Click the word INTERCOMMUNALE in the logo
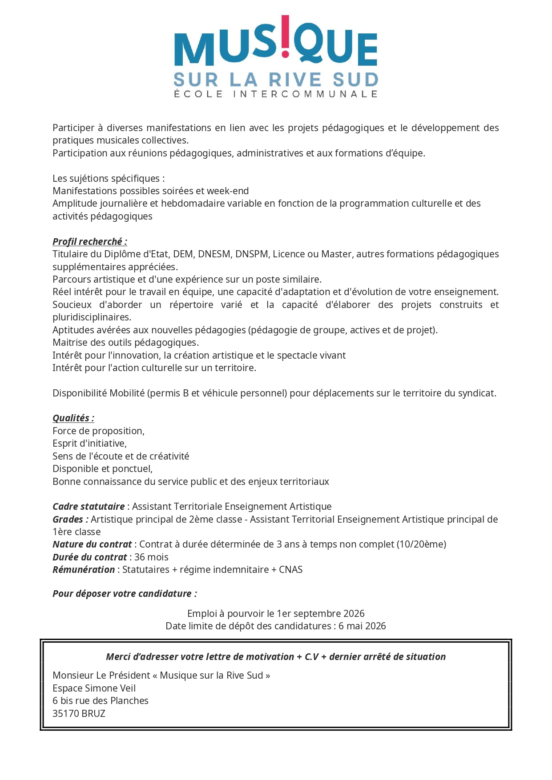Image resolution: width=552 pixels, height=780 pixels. point(305,94)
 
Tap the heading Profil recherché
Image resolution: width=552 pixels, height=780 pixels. point(89,242)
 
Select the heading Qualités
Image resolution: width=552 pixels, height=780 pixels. point(73,418)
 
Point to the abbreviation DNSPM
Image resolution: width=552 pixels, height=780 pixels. point(252,254)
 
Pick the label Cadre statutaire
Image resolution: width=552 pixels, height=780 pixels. point(89,507)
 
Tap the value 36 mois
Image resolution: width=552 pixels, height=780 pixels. point(151,557)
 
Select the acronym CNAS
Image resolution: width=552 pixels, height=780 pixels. point(290,570)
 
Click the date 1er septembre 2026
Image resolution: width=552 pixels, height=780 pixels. point(320,614)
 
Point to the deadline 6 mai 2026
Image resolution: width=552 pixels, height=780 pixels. point(362,626)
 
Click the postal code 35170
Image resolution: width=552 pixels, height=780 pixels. point(65,714)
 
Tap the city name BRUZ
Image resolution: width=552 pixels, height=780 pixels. point(93,714)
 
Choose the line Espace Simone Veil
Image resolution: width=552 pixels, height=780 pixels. point(94,688)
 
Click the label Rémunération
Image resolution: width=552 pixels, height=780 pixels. point(84,570)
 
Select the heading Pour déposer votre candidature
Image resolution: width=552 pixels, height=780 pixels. point(125,594)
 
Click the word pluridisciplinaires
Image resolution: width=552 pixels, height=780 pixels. point(92,317)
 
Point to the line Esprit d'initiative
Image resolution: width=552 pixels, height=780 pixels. point(89,444)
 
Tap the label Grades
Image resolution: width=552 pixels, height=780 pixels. point(70,520)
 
